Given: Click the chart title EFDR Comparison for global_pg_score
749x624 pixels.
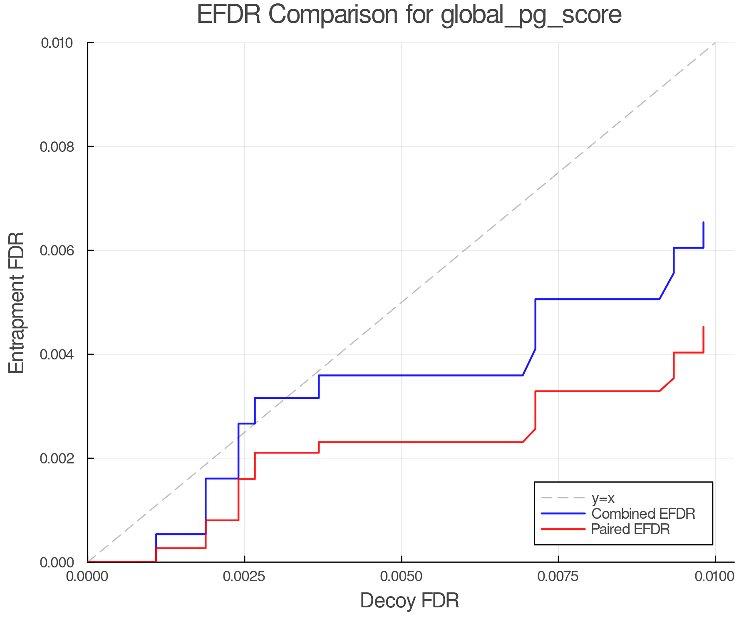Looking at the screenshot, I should coord(409,15).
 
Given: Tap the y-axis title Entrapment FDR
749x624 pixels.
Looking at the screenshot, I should coord(17,302).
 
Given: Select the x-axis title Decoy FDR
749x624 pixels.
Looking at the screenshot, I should coord(409,601).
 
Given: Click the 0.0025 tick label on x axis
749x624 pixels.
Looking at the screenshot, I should coord(244,577).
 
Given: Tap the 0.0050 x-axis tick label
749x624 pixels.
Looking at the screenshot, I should coord(401,577).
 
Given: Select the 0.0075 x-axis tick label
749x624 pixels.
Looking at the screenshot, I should coord(558,577).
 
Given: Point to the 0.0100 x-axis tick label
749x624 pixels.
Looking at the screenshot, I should coord(714,577).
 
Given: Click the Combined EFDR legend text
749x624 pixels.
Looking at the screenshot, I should coord(643,514).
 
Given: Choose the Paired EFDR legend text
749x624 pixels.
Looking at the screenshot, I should coord(630,529).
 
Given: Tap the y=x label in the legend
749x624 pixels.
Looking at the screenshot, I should coord(603,498).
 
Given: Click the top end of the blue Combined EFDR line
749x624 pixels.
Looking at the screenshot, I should coord(703,223).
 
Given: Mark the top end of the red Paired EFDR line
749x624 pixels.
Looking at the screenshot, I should coord(703,327).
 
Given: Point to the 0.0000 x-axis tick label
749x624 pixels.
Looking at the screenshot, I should coord(87,577).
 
